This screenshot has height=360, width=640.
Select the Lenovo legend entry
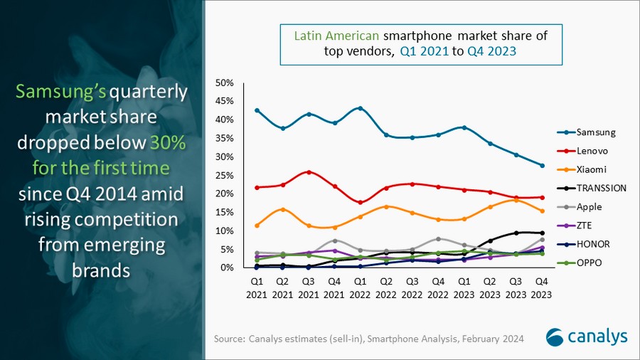[x=592, y=151]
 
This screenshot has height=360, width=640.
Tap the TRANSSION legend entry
[x=601, y=188]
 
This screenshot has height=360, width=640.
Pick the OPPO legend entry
[x=589, y=263]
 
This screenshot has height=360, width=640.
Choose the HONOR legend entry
[x=592, y=244]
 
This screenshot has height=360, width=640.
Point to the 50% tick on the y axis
[x=224, y=83]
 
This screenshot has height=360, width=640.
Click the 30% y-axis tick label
[x=224, y=157]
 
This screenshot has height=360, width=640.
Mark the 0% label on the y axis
[x=227, y=268]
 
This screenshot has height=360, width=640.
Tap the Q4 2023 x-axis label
[x=542, y=287]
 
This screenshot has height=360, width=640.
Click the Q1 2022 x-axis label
[x=361, y=287]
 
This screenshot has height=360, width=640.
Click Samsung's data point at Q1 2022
[x=361, y=108]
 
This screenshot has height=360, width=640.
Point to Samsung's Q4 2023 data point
[x=542, y=166]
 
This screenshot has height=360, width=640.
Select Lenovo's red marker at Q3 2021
[x=309, y=172]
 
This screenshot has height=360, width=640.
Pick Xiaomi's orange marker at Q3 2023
[x=516, y=200]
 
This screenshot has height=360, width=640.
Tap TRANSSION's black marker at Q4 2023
[x=542, y=233]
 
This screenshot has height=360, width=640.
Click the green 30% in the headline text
[x=167, y=142]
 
